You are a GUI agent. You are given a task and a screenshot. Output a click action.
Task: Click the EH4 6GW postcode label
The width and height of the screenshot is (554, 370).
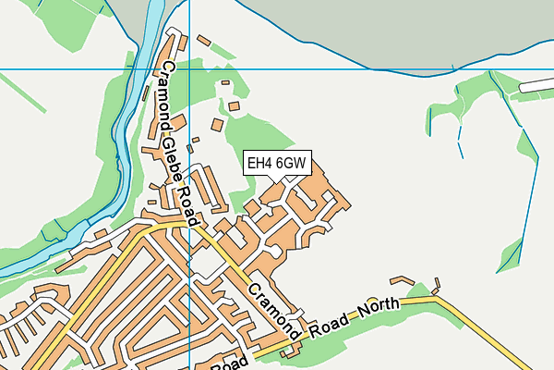[x=276, y=164]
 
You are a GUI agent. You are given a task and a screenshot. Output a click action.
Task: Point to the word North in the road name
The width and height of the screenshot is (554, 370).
[x=379, y=309]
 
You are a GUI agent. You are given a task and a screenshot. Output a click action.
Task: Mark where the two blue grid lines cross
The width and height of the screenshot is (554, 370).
[x=188, y=69]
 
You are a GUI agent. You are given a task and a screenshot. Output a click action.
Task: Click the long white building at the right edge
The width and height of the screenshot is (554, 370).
[x=537, y=84]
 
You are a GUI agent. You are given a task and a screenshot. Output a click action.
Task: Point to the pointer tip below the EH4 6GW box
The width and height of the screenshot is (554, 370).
[x=276, y=182]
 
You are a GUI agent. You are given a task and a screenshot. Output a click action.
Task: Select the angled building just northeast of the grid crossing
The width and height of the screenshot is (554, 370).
[x=203, y=41]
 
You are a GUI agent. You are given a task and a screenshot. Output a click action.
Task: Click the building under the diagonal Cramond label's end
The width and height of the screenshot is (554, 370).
[x=294, y=350]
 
